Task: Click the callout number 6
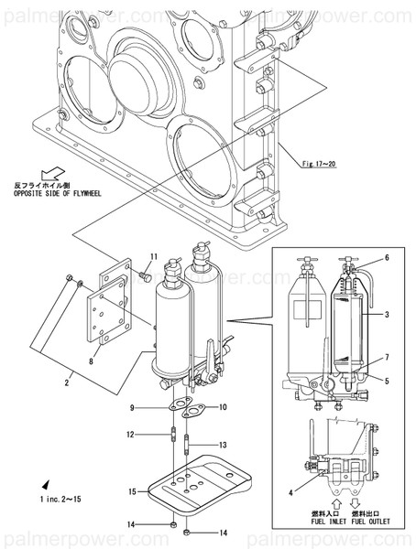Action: [387, 258]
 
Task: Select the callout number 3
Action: [387, 314]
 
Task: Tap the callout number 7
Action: [387, 357]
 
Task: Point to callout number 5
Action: [387, 380]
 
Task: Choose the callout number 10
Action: [223, 407]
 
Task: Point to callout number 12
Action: [132, 434]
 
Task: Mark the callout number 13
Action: [223, 445]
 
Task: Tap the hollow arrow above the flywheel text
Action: [54, 171]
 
